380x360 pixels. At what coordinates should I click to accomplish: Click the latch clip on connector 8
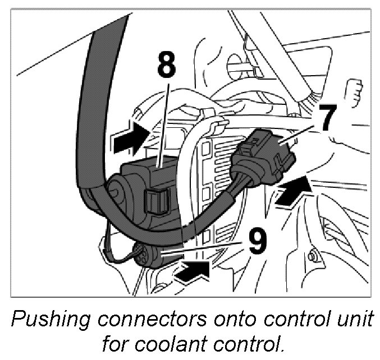pyautogui.click(x=157, y=201)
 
